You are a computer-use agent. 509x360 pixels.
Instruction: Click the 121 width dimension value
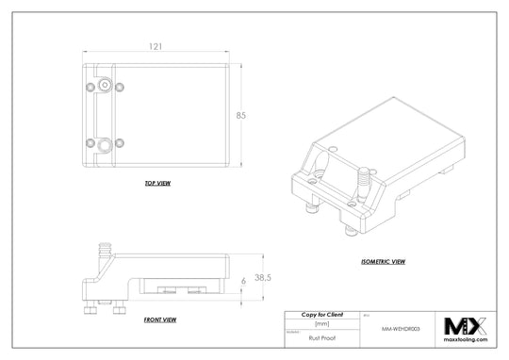(156, 46)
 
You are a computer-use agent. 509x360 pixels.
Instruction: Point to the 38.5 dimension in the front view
(265, 279)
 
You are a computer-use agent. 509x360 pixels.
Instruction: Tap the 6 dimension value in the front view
(243, 281)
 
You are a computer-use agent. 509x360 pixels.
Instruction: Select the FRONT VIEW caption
(160, 320)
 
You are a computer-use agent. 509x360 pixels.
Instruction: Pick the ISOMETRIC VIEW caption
(383, 261)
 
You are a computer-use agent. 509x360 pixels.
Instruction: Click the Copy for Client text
(321, 313)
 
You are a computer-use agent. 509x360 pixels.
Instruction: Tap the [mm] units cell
(321, 323)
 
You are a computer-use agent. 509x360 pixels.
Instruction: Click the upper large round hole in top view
(103, 85)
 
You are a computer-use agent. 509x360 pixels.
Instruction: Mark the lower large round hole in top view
(103, 144)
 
